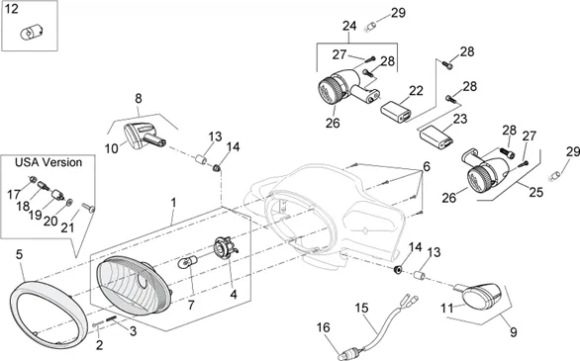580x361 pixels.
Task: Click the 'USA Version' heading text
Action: (48, 162)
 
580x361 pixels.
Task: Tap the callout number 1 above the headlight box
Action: (173, 203)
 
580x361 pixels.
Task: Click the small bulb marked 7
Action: (185, 264)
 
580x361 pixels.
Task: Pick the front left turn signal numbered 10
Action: (145, 135)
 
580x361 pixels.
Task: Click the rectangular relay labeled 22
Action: (396, 111)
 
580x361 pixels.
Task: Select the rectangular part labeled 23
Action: (436, 136)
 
